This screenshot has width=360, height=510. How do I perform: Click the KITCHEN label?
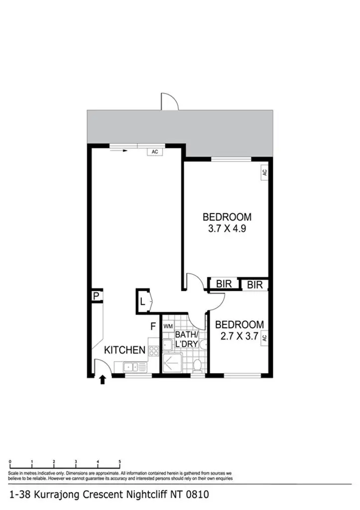pos(124,350)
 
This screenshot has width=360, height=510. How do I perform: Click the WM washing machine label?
pos(168,326)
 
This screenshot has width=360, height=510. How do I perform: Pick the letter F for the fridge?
pos(154,327)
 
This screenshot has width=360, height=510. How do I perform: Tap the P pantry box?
pos(96,296)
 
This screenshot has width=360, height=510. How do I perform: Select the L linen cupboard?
pos(142,301)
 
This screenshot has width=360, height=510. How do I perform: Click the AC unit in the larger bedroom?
pos(264,172)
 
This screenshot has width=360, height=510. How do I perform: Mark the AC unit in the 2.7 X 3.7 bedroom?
pos(265,337)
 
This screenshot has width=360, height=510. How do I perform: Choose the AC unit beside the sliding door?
pos(155,152)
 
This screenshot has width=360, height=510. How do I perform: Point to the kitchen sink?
pos(131,367)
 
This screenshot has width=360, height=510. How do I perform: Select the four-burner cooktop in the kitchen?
pos(153,350)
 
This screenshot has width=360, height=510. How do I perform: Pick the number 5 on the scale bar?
pos(120,462)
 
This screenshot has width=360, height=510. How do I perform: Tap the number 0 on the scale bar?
pos(10,462)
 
